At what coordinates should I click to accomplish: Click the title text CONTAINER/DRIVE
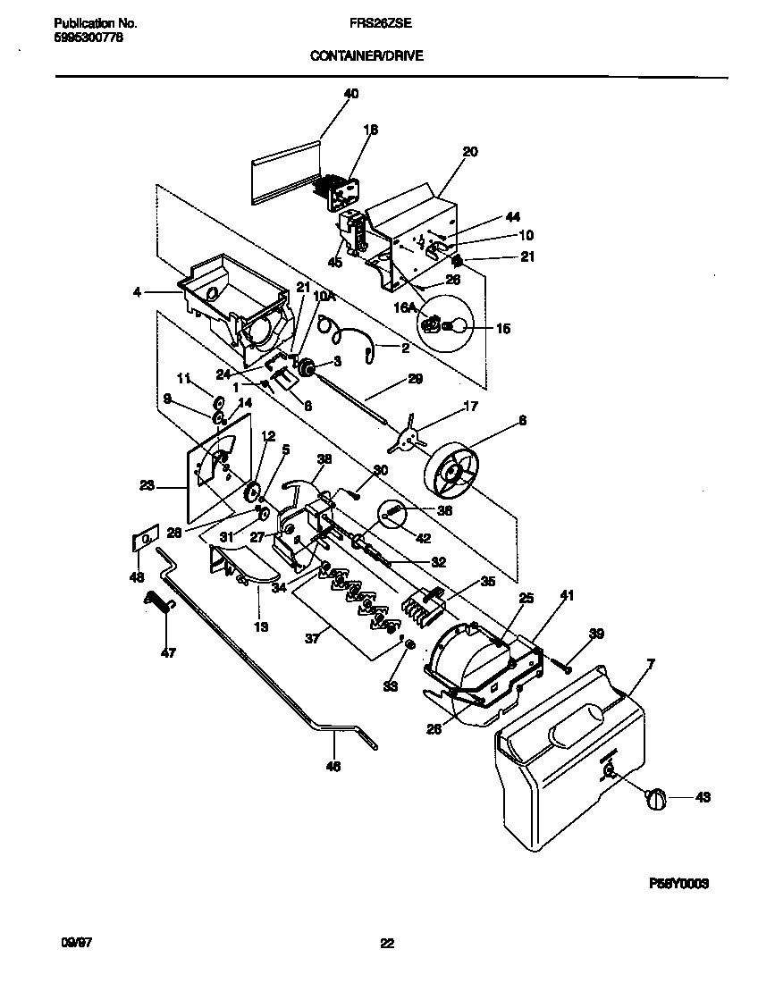tap(366, 55)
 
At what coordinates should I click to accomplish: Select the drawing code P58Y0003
tap(678, 883)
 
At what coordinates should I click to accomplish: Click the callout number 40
tap(350, 93)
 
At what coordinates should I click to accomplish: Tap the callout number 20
tap(470, 152)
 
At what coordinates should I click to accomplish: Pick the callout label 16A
tap(407, 307)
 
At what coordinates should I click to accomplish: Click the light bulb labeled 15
tap(457, 328)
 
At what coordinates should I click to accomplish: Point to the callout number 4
tap(138, 290)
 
